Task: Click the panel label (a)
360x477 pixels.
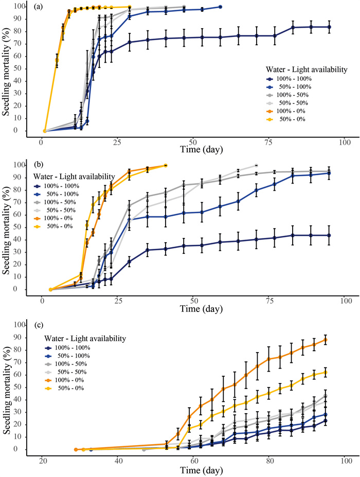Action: pyautogui.click(x=39, y=7)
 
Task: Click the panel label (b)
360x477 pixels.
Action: pyautogui.click(x=39, y=166)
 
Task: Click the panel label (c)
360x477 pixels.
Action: pyautogui.click(x=39, y=325)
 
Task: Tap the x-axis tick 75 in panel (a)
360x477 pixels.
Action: pyautogui.click(x=268, y=141)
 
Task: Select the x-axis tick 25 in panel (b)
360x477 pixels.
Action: pyautogui.click(x=118, y=300)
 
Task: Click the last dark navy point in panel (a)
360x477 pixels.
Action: pyautogui.click(x=329, y=27)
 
